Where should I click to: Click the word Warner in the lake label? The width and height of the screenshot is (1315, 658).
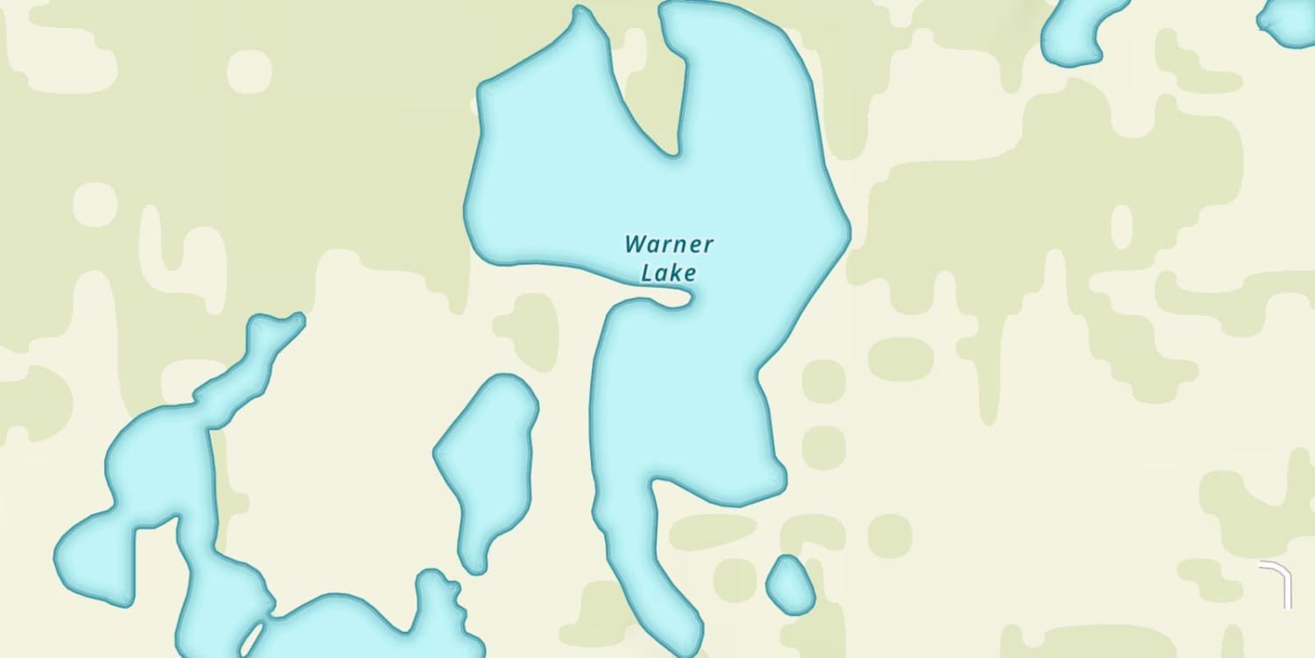tap(669, 244)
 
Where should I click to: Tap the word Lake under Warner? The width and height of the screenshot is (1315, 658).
tap(669, 273)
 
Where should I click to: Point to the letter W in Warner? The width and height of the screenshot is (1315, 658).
tap(635, 243)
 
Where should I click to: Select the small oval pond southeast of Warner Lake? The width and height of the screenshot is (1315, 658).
tap(791, 585)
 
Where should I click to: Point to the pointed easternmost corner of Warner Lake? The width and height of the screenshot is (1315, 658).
tap(849, 232)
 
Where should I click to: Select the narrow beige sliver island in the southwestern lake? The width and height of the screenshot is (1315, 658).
tap(252, 638)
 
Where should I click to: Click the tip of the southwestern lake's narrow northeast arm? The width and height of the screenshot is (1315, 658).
tap(298, 318)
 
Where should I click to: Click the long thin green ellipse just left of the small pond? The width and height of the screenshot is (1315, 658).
tap(713, 532)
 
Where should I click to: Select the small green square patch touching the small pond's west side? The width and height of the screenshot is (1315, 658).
tap(735, 580)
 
